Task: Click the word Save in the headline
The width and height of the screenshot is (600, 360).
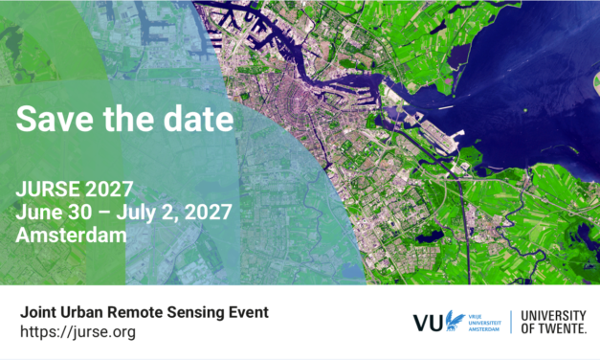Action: click(x=47, y=121)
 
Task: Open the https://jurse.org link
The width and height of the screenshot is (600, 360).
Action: click(x=78, y=332)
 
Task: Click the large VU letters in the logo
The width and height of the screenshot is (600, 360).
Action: click(x=428, y=323)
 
